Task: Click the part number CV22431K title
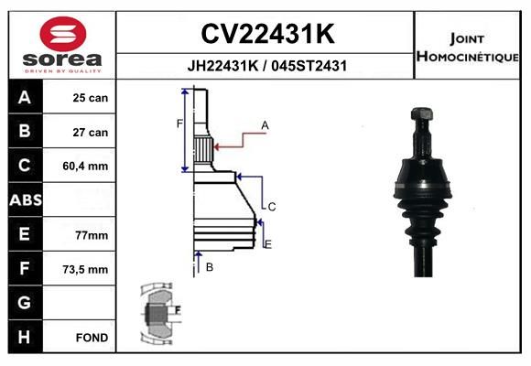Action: coord(266,34)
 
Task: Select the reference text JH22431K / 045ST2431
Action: coord(266,66)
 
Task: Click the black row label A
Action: coord(25,97)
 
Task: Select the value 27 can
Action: coord(91,132)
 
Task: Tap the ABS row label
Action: coord(25,200)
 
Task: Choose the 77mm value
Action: coord(91,235)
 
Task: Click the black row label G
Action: coord(25,303)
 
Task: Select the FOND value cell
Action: coord(92,338)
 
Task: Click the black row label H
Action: coord(25,338)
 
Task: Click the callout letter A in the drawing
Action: coord(264,124)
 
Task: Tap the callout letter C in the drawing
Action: coord(272,207)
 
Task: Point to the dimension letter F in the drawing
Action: coord(179,123)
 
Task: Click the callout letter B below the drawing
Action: coord(209,267)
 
